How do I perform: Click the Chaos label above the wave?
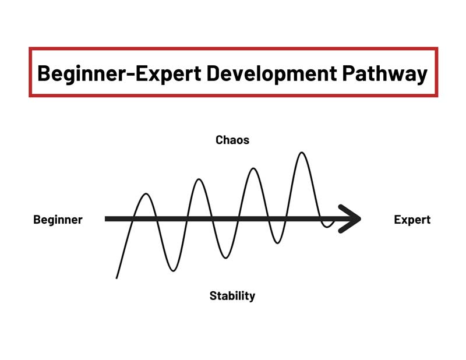coord(232,140)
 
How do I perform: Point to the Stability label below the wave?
coord(232,296)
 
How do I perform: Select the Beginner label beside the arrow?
coord(58,220)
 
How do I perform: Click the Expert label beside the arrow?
coord(412,220)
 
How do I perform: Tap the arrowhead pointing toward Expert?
coord(353,219)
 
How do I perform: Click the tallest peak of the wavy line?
coord(302,153)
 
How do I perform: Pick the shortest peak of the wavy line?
coord(146,194)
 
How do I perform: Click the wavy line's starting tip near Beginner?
coord(117,278)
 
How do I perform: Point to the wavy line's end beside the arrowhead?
coord(334,222)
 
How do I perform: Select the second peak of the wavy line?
coord(199,179)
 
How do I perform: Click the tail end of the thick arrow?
coord(107,219)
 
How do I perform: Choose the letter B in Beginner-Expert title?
coord(45,73)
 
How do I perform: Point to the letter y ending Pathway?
coord(422,76)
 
